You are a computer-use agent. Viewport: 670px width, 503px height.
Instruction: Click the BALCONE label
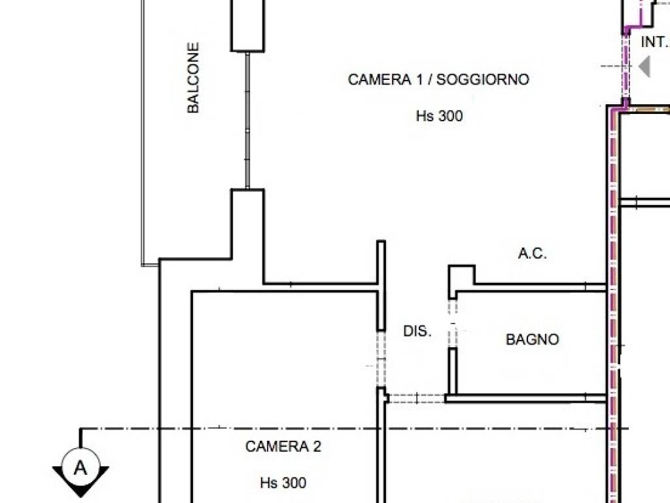(193, 78)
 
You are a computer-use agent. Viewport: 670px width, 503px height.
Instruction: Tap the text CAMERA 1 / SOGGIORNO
(438, 80)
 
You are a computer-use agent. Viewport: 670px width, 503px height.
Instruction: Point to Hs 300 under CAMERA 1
(439, 117)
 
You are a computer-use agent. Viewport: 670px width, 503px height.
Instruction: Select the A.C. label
(532, 254)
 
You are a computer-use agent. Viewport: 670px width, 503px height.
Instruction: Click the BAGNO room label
(533, 340)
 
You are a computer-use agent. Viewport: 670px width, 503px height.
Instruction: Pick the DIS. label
(417, 331)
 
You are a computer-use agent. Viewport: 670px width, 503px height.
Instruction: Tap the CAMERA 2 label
(283, 447)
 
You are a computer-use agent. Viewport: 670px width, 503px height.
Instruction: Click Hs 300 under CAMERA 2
(283, 483)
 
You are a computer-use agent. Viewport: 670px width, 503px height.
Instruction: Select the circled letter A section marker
(80, 468)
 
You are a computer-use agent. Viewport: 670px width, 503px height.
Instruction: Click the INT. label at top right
(654, 42)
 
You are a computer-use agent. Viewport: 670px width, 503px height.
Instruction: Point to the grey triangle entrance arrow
(644, 67)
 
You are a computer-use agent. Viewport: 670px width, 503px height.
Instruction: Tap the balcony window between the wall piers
(247, 121)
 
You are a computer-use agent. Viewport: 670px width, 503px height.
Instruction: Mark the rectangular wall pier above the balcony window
(248, 26)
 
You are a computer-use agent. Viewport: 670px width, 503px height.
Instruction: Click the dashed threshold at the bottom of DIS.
(417, 398)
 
